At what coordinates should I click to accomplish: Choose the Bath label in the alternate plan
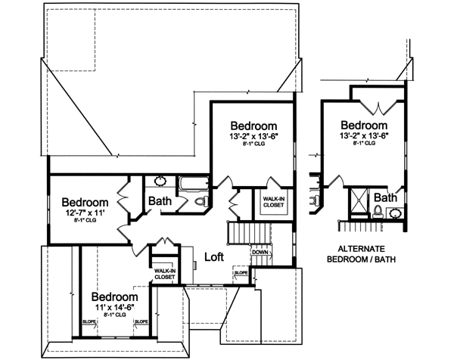(x=386, y=198)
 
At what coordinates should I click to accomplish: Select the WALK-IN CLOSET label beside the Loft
(x=164, y=273)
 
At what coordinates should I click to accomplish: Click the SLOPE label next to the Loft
(x=241, y=273)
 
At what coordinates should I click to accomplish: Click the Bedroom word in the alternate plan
(x=364, y=125)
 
